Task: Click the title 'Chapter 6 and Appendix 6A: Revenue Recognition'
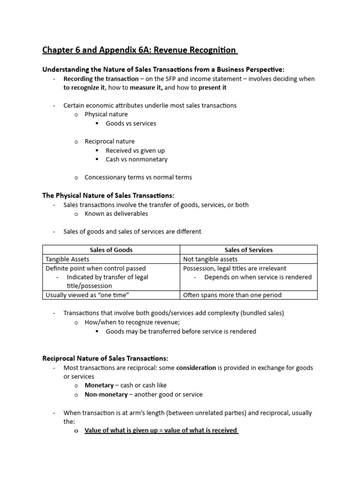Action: (x=140, y=50)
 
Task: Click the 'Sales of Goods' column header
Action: (x=111, y=250)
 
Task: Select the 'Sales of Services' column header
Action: (x=248, y=250)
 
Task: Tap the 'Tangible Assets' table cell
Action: (x=67, y=259)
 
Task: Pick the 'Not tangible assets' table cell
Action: (x=210, y=259)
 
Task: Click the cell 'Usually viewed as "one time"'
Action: (x=87, y=295)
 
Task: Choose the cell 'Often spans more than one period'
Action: (x=232, y=295)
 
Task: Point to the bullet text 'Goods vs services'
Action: (x=131, y=123)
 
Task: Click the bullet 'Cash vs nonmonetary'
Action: (x=136, y=159)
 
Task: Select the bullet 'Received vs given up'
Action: (x=135, y=150)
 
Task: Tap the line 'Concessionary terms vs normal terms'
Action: (x=138, y=177)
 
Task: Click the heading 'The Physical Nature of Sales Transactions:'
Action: (x=108, y=195)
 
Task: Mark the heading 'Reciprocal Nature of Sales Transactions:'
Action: (x=105, y=359)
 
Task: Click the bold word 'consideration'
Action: (x=196, y=367)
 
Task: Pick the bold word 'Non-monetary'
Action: (x=106, y=394)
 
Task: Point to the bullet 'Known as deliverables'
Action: (x=116, y=213)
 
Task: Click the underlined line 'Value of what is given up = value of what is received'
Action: (x=161, y=430)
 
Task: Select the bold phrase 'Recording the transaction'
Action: (x=101, y=79)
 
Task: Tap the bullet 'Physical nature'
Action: (x=106, y=114)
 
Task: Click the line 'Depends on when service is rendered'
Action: (x=258, y=277)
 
